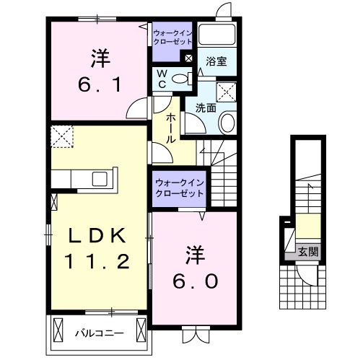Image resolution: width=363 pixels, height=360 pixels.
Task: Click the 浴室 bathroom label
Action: pyautogui.click(x=217, y=61)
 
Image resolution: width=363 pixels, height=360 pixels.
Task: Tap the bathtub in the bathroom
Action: pyautogui.click(x=217, y=36)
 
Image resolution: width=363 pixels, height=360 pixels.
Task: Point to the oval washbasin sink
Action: pyautogui.click(x=227, y=123)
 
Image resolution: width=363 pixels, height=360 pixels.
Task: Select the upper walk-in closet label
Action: pyautogui.click(x=171, y=37)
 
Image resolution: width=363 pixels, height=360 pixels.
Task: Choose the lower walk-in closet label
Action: pyautogui.click(x=176, y=189)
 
